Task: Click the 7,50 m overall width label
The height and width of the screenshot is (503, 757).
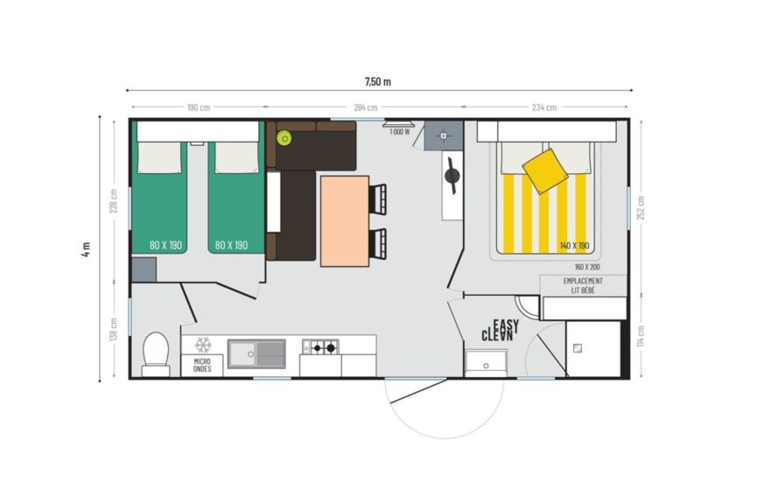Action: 377,81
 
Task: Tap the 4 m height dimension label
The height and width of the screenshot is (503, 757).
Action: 87,249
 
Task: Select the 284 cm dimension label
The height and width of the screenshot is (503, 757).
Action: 366,108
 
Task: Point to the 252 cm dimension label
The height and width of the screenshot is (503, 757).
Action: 641,207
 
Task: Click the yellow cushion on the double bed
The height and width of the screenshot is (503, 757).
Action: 544,171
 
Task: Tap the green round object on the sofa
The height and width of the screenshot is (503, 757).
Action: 284,138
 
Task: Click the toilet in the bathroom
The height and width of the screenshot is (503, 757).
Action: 156,353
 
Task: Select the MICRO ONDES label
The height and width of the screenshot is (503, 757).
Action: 202,365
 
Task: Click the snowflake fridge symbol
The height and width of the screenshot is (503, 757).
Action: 203,345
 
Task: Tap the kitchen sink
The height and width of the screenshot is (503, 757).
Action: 256,353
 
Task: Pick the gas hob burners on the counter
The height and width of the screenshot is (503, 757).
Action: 320,346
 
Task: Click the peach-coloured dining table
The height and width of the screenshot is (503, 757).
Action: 345,221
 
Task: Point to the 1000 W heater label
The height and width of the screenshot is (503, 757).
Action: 399,131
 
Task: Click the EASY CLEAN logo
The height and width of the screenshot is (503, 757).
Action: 501,331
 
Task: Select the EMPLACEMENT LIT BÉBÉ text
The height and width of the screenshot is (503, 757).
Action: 583,285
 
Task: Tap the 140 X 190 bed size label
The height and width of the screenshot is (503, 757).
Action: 574,246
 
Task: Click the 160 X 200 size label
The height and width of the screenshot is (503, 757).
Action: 587,267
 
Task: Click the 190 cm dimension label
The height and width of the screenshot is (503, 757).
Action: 199,108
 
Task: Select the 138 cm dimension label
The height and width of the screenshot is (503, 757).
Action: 114,329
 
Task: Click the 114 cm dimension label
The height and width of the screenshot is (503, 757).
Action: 641,336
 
